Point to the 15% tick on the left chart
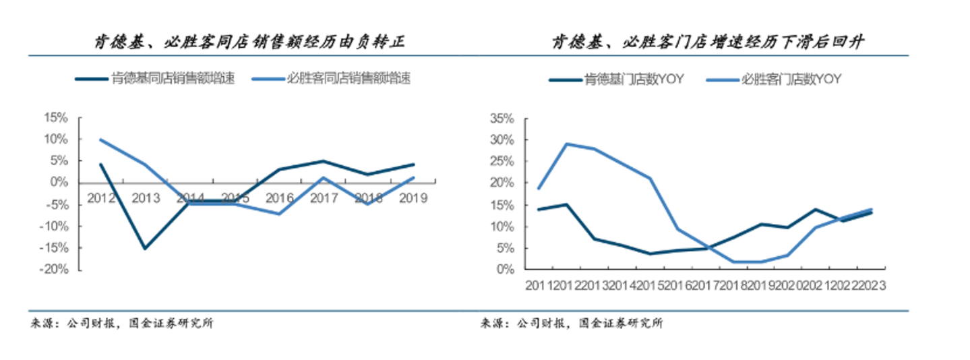pyautogui.click(x=55, y=118)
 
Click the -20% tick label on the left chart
pyautogui.click(x=53, y=270)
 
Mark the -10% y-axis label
pyautogui.click(x=53, y=226)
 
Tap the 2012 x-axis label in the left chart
pyautogui.click(x=101, y=198)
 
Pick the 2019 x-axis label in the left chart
pyautogui.click(x=413, y=198)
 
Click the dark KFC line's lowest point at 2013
pyautogui.click(x=145, y=248)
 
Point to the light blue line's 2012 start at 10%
pyautogui.click(x=100, y=140)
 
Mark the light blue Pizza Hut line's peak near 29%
pyautogui.click(x=567, y=144)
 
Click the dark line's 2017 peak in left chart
pyautogui.click(x=324, y=161)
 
